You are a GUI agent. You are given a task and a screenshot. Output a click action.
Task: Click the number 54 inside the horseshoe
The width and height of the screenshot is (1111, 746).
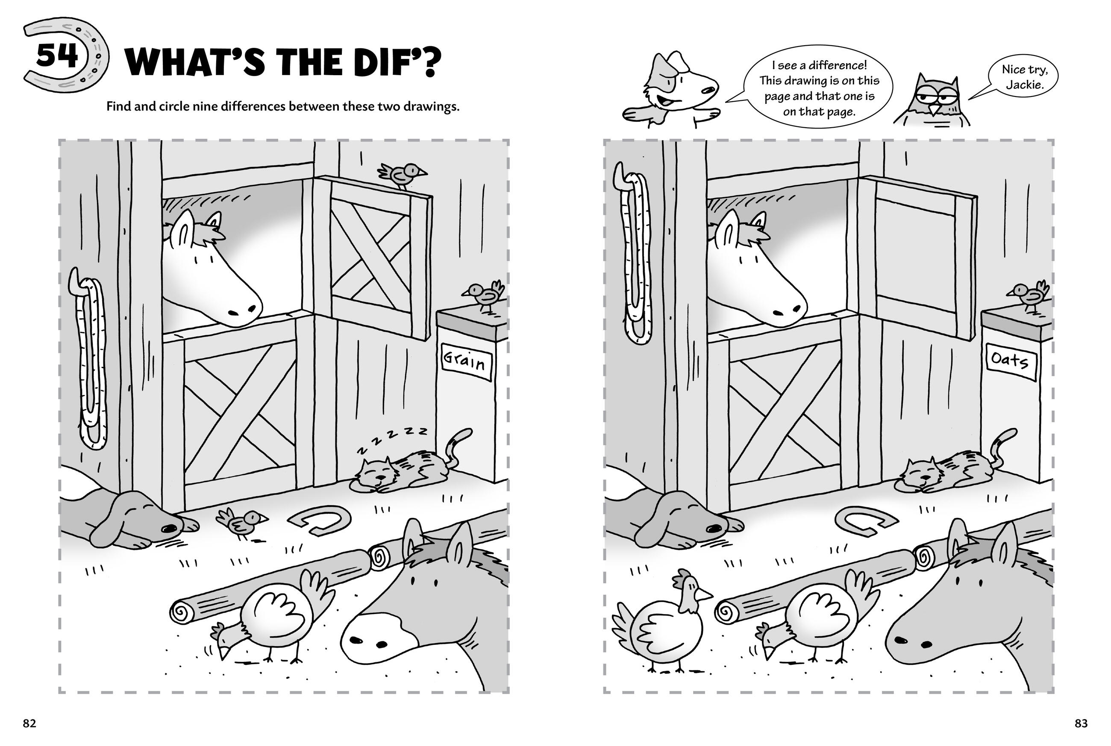[x=57, y=56]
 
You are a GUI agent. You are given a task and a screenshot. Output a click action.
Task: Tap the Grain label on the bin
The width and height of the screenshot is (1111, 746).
[x=465, y=362]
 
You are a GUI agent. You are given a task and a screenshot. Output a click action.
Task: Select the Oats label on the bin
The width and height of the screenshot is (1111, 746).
[x=1010, y=362]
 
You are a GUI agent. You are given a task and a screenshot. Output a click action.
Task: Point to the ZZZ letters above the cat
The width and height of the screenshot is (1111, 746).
[x=392, y=439]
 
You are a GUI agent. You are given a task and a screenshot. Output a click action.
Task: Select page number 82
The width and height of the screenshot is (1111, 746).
[x=29, y=724]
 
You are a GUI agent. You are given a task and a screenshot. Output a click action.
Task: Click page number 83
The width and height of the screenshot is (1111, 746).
[x=1081, y=724]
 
